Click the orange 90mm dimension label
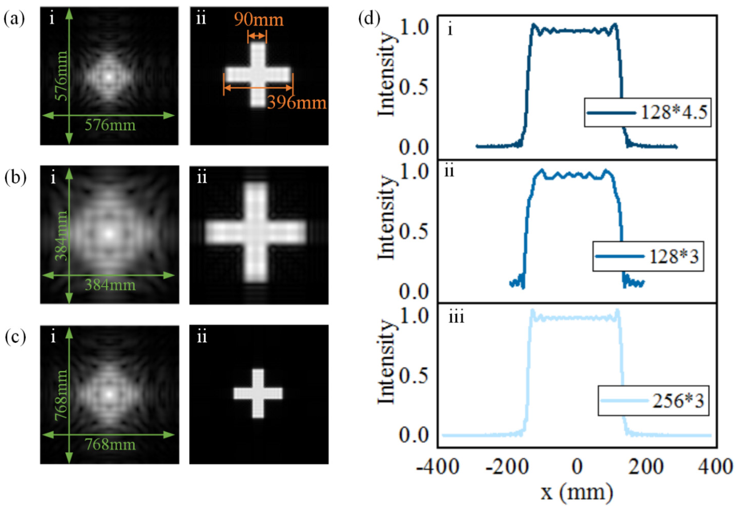(258, 20)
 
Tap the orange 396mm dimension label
(297, 103)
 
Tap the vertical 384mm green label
(61, 236)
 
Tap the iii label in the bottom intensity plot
(456, 317)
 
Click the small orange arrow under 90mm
(257, 36)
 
